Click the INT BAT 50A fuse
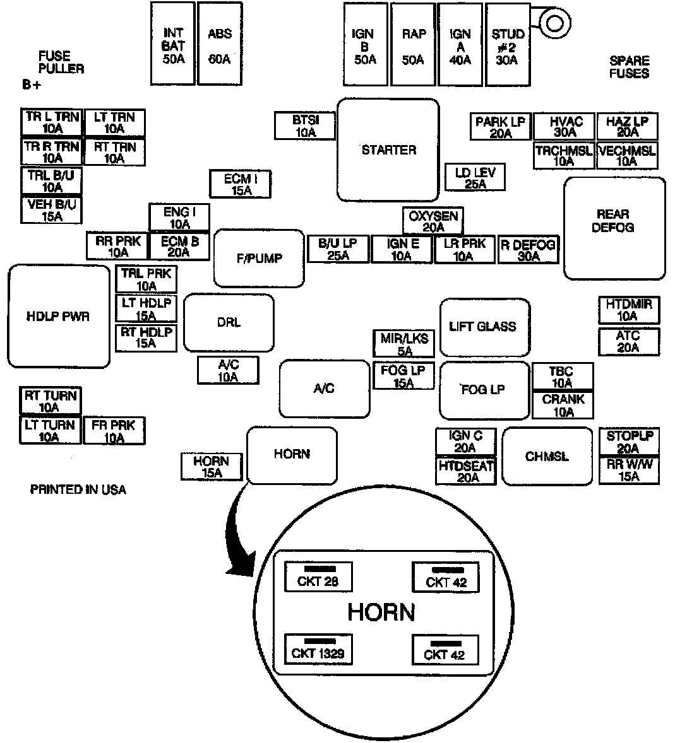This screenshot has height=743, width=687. tap(173, 44)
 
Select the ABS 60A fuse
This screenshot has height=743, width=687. tap(220, 44)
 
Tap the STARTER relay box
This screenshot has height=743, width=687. tap(388, 149)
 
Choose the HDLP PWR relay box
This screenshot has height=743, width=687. tap(58, 316)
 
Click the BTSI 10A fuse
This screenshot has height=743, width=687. tap(305, 126)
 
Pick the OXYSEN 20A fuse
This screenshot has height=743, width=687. tap(433, 221)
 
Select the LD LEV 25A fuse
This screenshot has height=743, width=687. tap(475, 178)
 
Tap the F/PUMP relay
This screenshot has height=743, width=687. tap(260, 257)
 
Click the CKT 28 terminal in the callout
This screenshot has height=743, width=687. tap(318, 576)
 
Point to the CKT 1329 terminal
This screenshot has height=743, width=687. tap(318, 649)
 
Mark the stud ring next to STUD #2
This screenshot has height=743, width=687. tap(554, 23)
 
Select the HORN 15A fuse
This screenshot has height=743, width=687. tap(212, 467)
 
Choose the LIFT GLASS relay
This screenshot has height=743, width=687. tap(484, 327)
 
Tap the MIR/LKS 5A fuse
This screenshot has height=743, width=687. tap(404, 344)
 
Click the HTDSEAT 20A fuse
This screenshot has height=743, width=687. tap(467, 471)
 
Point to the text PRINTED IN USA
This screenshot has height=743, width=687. tap(78, 489)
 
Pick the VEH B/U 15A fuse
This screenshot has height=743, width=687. tap(52, 210)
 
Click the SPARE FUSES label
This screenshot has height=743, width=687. tap(629, 67)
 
